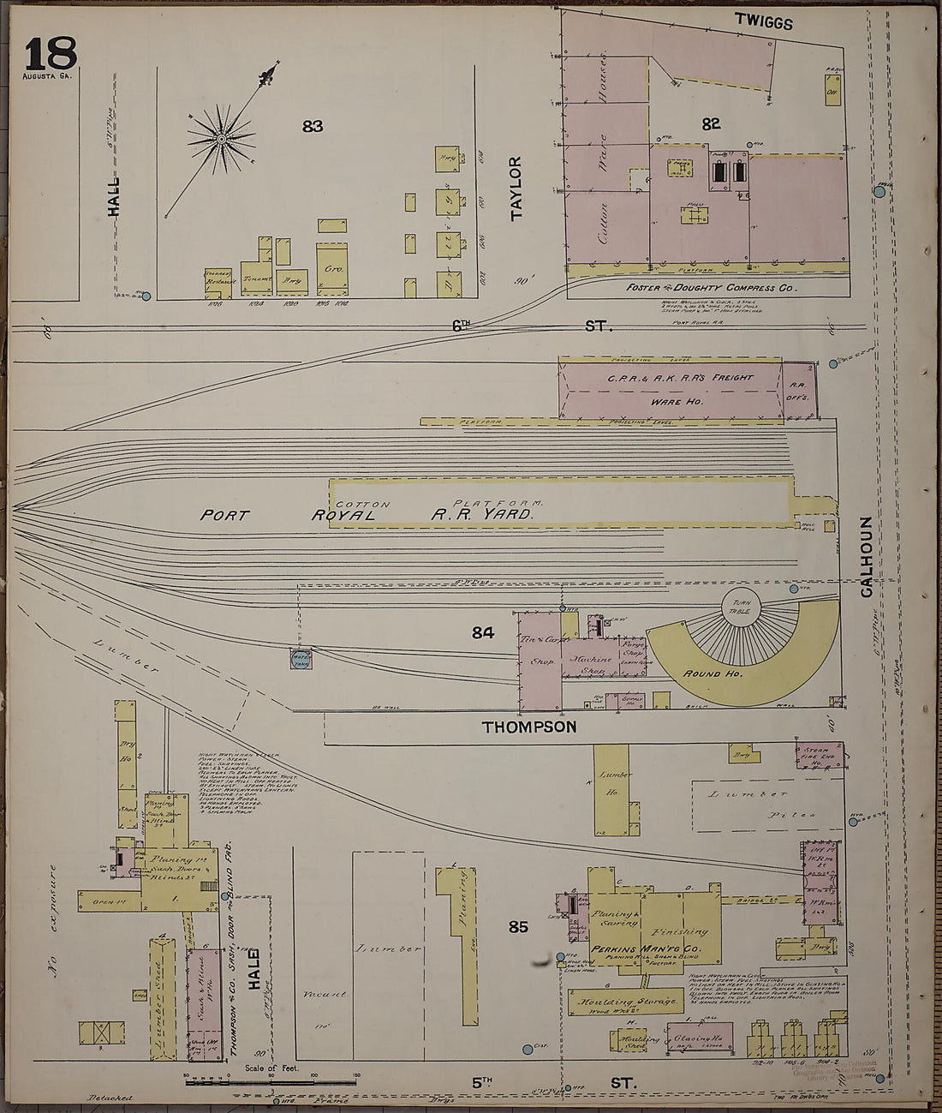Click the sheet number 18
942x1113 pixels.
pos(50,54)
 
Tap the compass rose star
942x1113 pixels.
pos(221,138)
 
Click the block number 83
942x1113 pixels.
pos(313,127)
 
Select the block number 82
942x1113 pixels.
pos(711,123)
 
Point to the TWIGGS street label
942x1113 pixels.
pos(764,23)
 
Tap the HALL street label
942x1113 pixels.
pos(114,196)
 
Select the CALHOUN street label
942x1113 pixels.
pos(867,556)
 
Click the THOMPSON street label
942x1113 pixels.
pos(529,727)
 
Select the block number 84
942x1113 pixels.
pos(483,633)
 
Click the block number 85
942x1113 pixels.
pos(518,926)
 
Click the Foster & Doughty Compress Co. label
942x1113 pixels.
pos(711,288)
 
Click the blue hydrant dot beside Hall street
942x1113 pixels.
pos(146,296)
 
